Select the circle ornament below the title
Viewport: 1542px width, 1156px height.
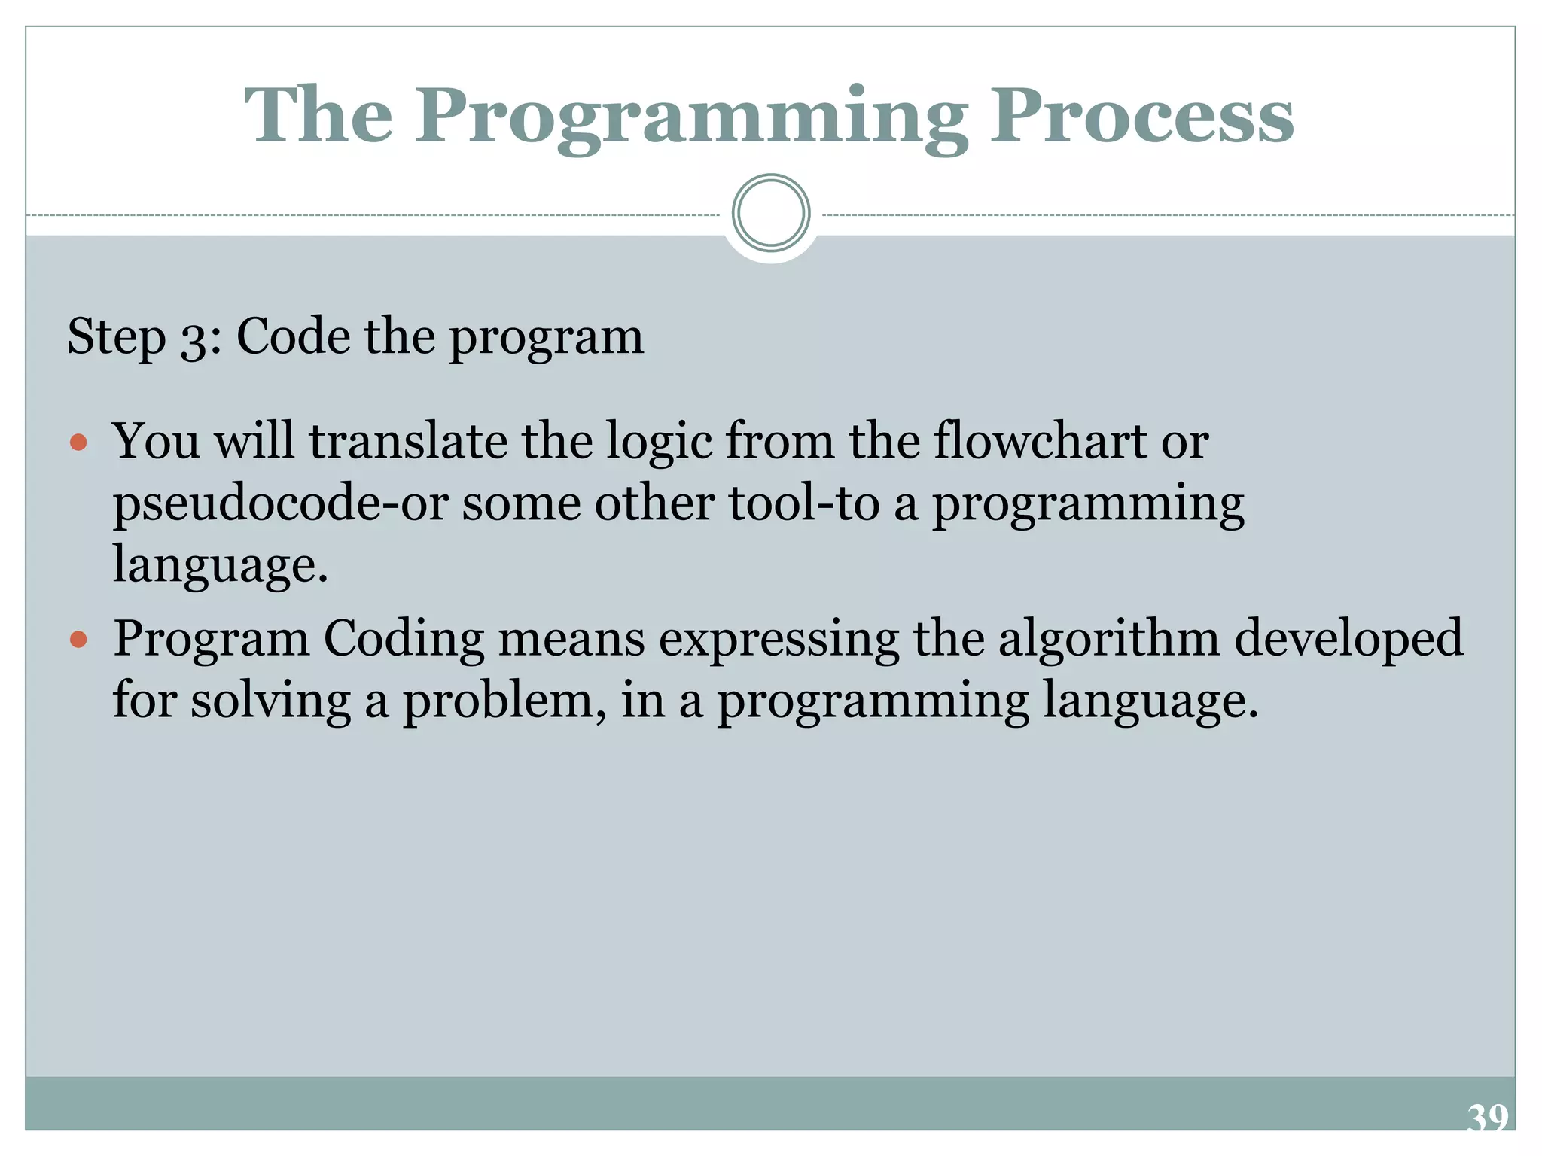tap(771, 213)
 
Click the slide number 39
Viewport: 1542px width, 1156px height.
tap(1487, 1118)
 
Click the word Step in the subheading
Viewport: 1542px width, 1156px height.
tap(116, 336)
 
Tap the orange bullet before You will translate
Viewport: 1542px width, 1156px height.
tap(78, 442)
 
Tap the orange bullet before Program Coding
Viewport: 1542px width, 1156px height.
tap(78, 640)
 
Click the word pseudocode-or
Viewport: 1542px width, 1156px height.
tap(280, 503)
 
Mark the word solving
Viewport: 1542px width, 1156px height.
tap(270, 701)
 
